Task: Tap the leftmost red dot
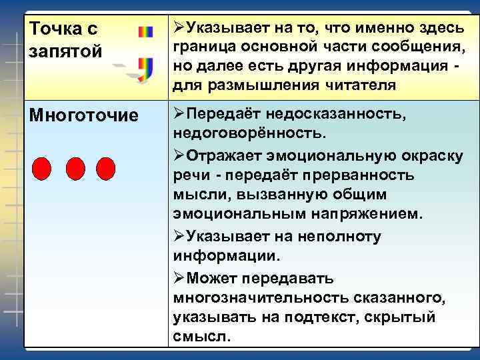click(x=42, y=169)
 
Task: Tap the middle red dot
click(x=75, y=169)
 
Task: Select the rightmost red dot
click(x=105, y=169)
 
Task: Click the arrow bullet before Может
click(x=178, y=277)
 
